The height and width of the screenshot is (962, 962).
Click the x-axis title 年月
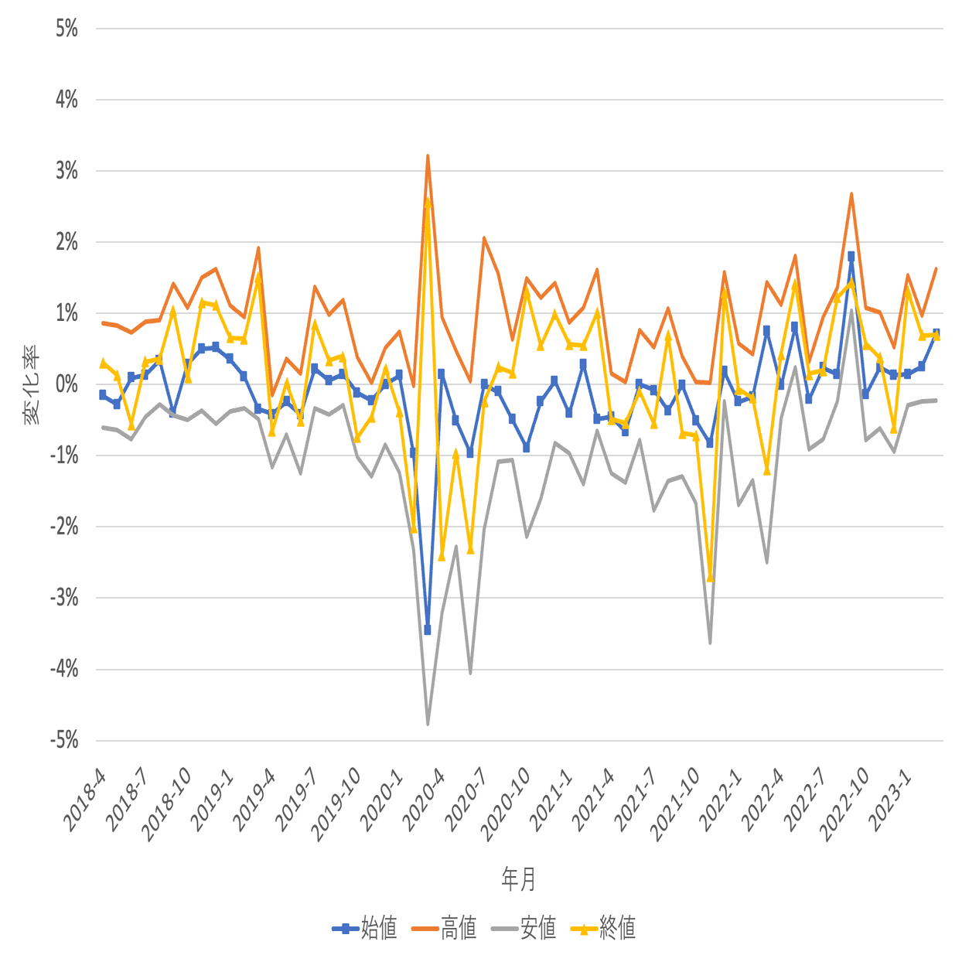point(518,878)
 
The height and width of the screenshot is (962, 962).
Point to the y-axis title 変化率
point(32,384)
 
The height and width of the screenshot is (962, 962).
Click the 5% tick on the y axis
point(67,29)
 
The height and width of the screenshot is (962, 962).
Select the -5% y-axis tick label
point(64,740)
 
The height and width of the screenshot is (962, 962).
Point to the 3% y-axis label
point(67,171)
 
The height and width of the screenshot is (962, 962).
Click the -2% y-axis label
point(64,527)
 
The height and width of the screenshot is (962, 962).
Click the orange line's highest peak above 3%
point(428,156)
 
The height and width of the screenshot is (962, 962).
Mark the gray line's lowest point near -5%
point(428,724)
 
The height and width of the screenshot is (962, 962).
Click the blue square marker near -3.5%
point(428,630)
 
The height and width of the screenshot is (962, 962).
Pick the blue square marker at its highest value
point(851,256)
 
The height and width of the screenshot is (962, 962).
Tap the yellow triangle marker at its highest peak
point(428,201)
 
